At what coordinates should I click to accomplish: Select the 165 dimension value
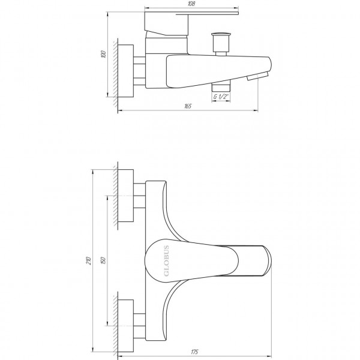[x=187, y=106]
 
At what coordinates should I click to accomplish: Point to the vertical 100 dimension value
[x=104, y=55]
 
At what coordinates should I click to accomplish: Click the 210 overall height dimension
[x=89, y=261]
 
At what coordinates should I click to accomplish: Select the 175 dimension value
[x=194, y=351]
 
